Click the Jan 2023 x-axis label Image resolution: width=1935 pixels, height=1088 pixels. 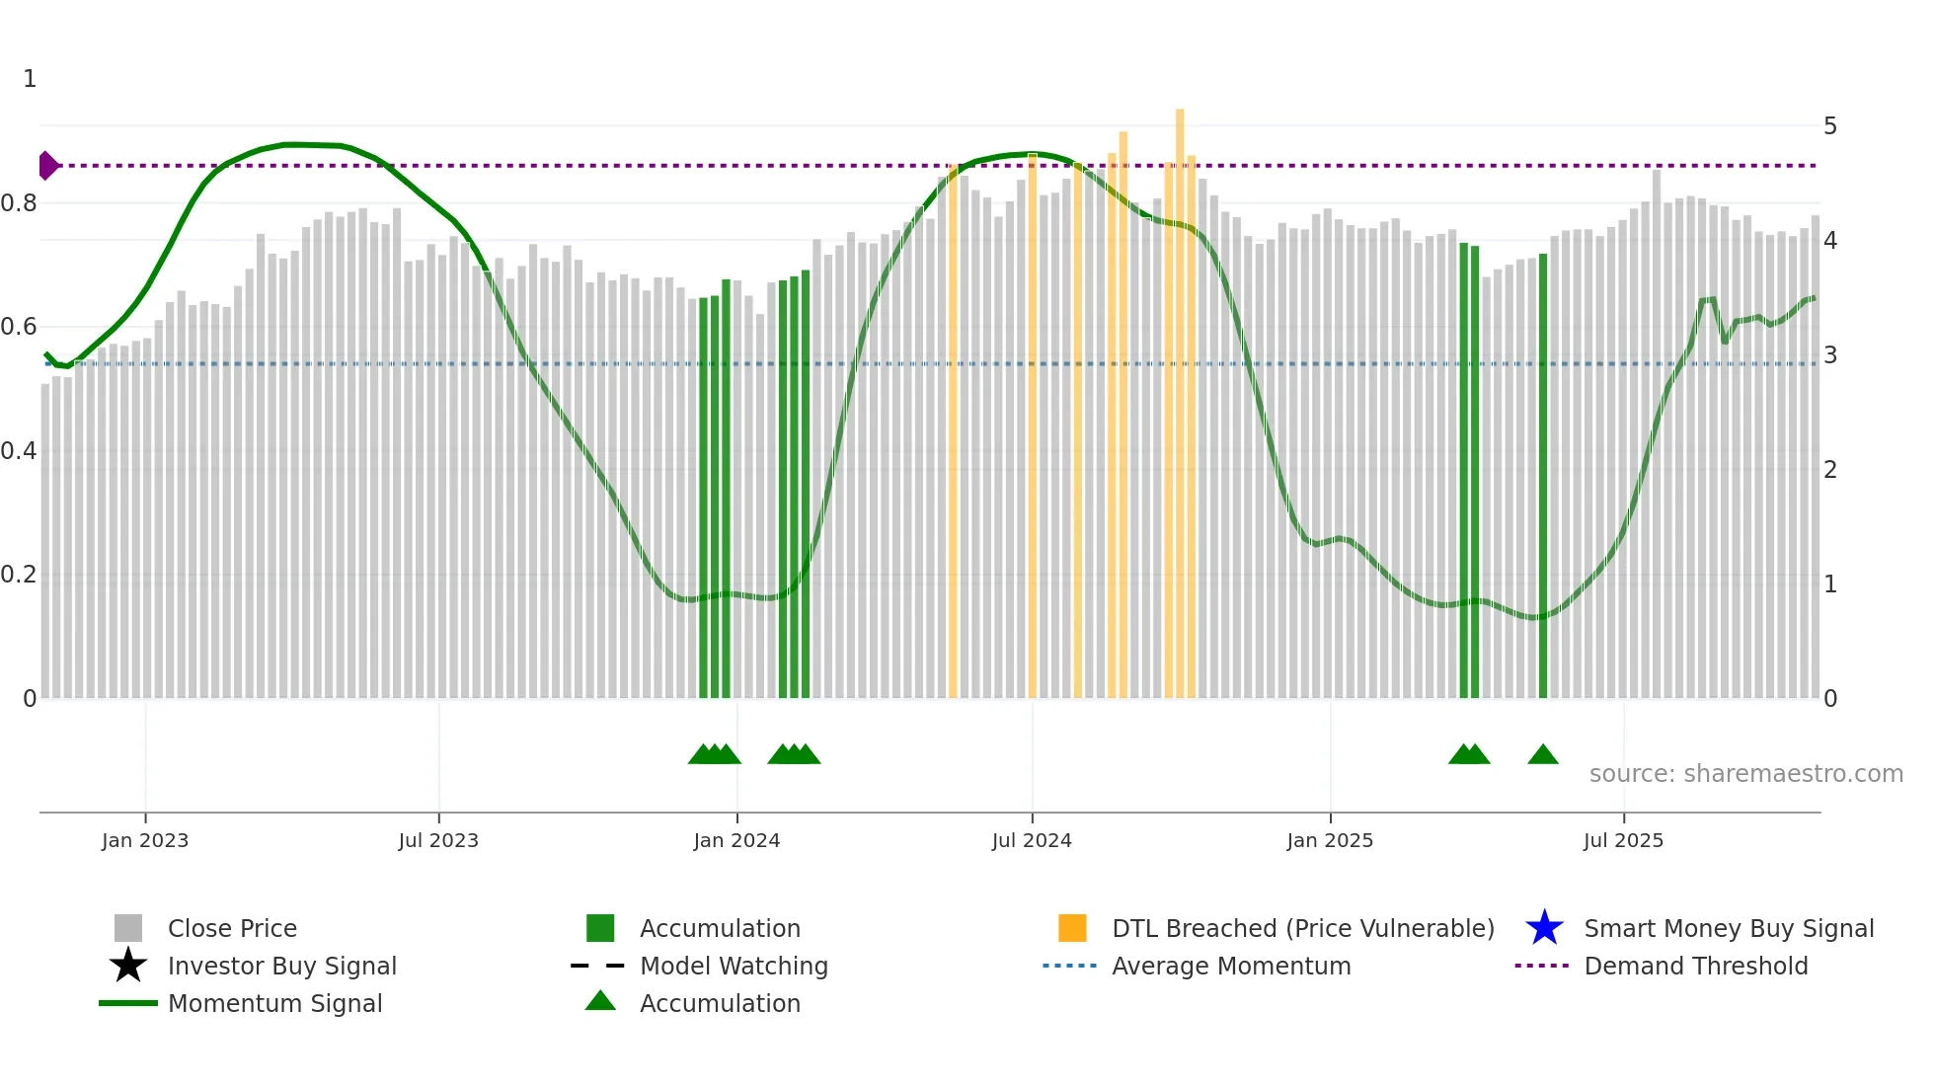tap(145, 840)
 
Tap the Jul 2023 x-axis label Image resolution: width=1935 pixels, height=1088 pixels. tap(438, 840)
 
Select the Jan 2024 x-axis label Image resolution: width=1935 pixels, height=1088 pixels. tap(736, 840)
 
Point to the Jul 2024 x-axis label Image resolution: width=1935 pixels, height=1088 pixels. tap(1032, 840)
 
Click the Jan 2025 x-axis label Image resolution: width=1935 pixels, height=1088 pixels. tap(1330, 840)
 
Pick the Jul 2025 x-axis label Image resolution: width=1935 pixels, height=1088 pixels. tap(1623, 840)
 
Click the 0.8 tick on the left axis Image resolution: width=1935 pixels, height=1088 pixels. tap(19, 203)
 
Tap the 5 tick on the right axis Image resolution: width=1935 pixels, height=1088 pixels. tap(1830, 126)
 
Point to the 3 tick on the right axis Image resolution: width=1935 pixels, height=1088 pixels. tap(1830, 355)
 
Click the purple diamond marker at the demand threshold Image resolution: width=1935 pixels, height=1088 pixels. tap(47, 166)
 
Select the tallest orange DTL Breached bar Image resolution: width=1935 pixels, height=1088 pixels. tap(1180, 395)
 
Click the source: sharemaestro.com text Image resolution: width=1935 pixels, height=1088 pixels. tap(1745, 774)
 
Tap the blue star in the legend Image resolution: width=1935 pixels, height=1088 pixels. tap(1544, 928)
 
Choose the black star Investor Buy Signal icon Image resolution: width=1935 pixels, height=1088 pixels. tap(128, 966)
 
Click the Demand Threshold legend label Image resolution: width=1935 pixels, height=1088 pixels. tap(1695, 966)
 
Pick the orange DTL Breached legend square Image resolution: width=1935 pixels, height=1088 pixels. tap(1072, 928)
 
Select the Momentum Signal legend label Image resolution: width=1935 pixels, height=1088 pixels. tap(274, 1003)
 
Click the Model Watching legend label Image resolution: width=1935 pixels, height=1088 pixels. tap(734, 966)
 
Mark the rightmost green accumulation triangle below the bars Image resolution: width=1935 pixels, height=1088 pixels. tap(1543, 755)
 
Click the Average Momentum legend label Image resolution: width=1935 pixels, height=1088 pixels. tap(1231, 966)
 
